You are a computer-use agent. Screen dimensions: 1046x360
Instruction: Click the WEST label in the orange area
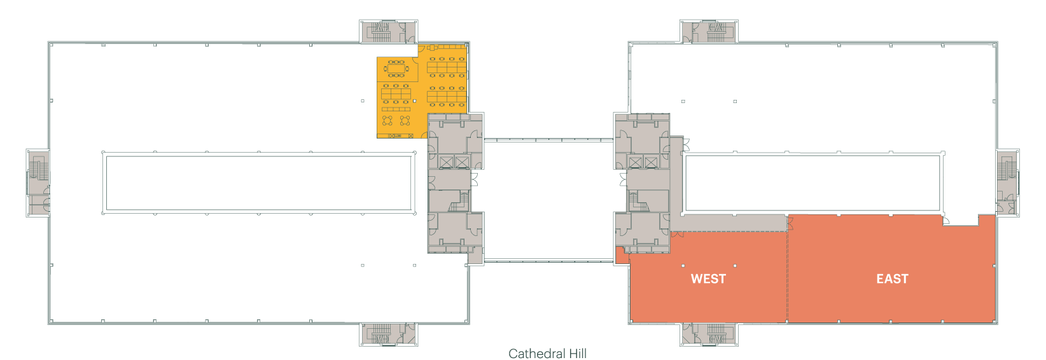click(708, 279)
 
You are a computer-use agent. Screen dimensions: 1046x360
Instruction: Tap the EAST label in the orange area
click(893, 279)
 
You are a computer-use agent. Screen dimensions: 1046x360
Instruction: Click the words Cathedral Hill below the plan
click(547, 354)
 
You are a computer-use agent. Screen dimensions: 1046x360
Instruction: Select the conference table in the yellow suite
click(396, 69)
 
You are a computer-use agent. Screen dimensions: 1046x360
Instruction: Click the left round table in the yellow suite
click(387, 120)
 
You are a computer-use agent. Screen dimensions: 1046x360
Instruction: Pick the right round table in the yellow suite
click(405, 120)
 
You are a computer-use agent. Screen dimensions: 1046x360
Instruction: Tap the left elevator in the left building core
click(447, 162)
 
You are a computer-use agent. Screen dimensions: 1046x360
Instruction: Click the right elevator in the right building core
click(651, 162)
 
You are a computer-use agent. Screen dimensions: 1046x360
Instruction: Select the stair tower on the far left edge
click(38, 183)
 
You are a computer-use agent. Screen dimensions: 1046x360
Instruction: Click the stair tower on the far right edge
click(1008, 183)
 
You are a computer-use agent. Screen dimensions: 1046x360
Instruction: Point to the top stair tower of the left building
click(389, 31)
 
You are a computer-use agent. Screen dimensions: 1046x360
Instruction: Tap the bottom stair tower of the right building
click(709, 335)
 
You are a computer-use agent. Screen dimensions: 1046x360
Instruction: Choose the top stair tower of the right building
click(709, 31)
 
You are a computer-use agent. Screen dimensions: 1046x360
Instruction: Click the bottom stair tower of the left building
click(389, 335)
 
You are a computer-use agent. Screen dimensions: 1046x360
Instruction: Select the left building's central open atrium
click(259, 183)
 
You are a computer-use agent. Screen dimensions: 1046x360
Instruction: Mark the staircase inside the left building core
click(459, 202)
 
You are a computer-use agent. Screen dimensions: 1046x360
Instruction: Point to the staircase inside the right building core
click(638, 202)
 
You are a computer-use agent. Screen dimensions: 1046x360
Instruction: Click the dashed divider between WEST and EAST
click(787, 269)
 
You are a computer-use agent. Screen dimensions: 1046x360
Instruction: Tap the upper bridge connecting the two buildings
click(548, 139)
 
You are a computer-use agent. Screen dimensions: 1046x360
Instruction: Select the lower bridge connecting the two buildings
click(548, 261)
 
